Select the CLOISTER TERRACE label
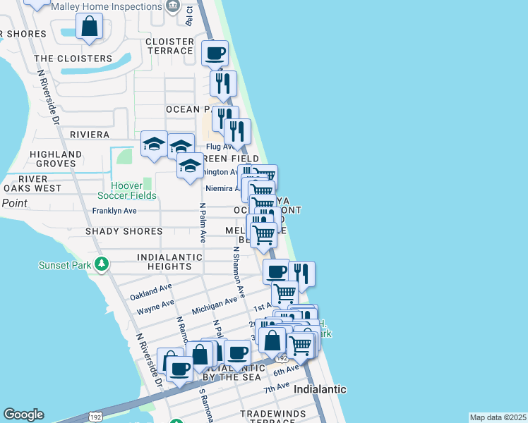click(169, 46)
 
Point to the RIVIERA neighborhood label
click(90, 134)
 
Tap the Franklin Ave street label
click(114, 211)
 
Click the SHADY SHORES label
click(124, 231)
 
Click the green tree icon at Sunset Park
click(102, 264)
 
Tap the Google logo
click(23, 415)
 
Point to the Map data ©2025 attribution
click(498, 417)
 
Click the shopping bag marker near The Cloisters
click(90, 27)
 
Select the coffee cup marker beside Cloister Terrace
click(216, 52)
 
